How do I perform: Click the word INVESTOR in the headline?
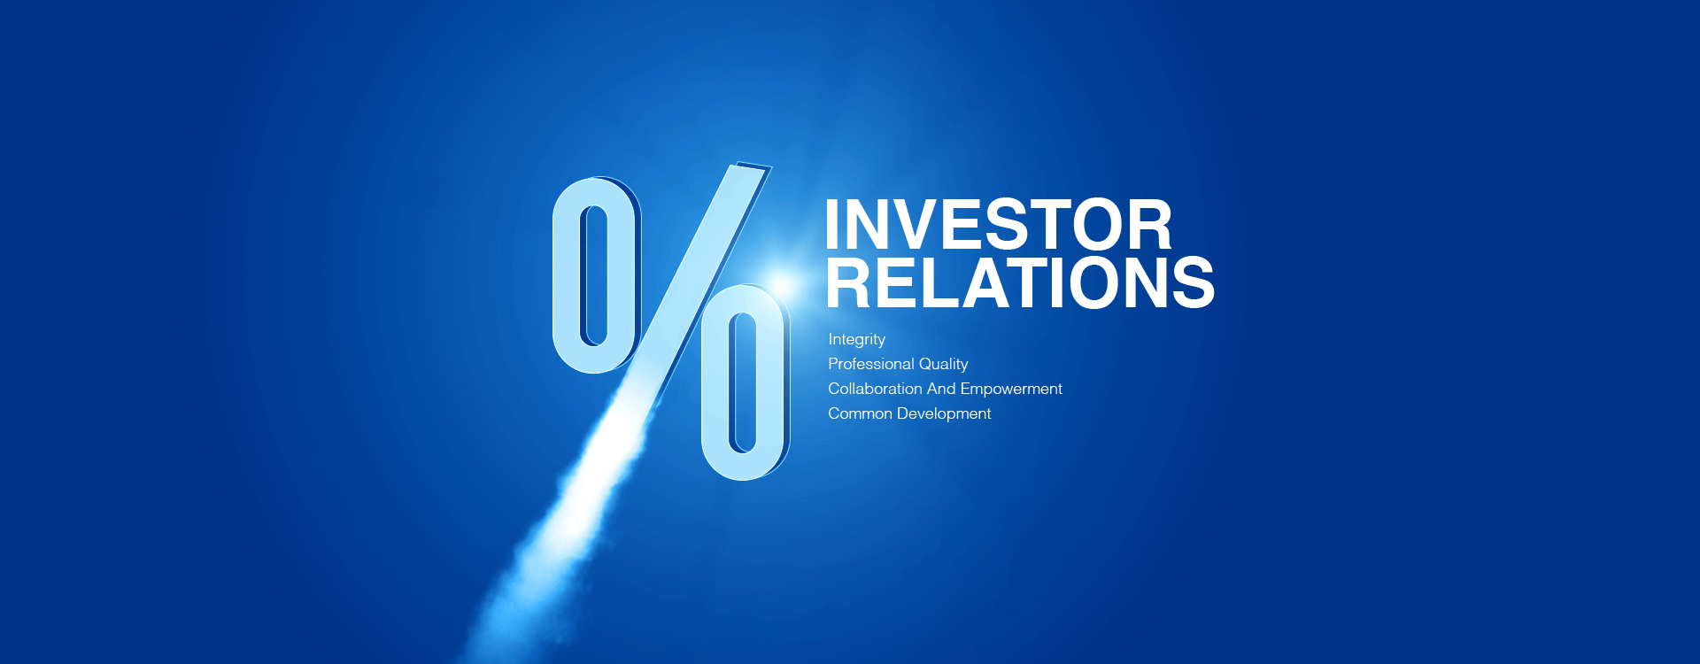coord(998,225)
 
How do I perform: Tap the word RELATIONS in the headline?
coord(1020,283)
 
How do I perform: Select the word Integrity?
coord(856,339)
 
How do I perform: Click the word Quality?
coord(943,364)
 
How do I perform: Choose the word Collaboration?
coord(875,389)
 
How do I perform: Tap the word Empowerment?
coord(1011,389)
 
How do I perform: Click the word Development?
coord(944,413)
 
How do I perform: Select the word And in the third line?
coord(941,389)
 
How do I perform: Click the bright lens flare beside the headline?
coord(783,284)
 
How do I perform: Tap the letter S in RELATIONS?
coord(1191,283)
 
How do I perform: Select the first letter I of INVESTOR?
coord(833,225)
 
